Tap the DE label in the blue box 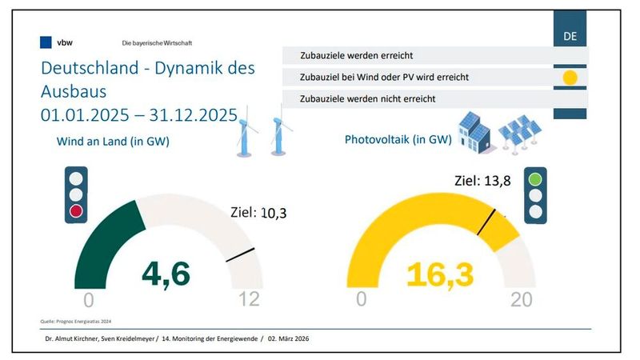coord(570,37)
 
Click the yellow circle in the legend coord(570,78)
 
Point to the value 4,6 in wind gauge coord(166,274)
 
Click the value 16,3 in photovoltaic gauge coord(439,274)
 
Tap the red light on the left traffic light coord(76,210)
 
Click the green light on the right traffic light coord(534,178)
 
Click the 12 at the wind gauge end coord(250,300)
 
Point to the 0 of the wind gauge coord(88,300)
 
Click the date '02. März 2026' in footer coord(289,339)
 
